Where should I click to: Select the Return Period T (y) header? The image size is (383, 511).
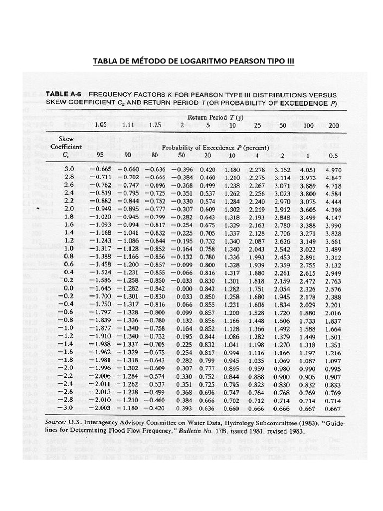pos(215,118)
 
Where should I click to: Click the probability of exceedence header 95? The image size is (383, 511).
pos(100,155)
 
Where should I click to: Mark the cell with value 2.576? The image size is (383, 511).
pos(333,288)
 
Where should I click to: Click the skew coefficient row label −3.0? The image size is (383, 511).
pos(66,407)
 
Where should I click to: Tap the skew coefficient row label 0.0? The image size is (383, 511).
pos(69,288)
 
